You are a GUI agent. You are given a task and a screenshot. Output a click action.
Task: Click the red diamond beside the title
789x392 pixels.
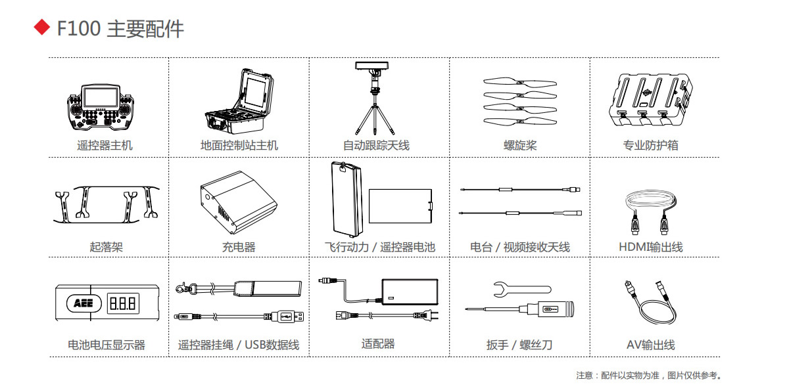click(42, 27)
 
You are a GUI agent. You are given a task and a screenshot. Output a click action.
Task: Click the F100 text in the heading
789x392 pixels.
click(79, 28)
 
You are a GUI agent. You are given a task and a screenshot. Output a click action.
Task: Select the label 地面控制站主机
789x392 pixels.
click(239, 145)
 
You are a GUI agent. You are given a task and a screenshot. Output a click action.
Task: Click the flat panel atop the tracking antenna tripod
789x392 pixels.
click(371, 66)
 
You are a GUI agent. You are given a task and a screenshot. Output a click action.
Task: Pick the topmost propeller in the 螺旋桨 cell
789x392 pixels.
click(520, 83)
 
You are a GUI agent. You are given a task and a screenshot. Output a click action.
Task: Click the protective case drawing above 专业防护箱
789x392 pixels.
click(650, 100)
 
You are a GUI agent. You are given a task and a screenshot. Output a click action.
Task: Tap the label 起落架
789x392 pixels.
click(106, 247)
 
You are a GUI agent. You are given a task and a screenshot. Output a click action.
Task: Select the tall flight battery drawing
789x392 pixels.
click(347, 200)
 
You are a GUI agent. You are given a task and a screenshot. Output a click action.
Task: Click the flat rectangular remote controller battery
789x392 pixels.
click(400, 206)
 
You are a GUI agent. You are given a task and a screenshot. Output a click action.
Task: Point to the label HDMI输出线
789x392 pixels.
click(650, 247)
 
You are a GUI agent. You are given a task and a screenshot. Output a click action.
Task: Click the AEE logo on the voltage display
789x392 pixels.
click(84, 303)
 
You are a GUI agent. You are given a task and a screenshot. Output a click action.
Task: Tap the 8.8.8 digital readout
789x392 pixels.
click(123, 303)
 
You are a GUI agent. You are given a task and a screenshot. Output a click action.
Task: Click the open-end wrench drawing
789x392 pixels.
click(522, 290)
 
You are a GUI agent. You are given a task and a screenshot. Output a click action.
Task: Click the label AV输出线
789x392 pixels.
click(650, 345)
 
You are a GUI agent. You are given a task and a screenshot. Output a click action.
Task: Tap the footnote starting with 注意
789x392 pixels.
click(648, 376)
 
